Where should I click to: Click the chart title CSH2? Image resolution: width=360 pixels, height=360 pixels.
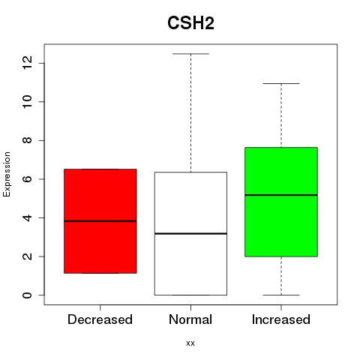(190, 23)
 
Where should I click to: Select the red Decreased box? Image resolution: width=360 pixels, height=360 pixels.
(100, 221)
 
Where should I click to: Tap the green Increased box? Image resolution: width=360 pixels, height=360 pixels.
(281, 202)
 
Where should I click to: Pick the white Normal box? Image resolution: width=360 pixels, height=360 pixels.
(190, 233)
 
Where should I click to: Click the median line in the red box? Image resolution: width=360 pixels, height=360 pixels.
(100, 221)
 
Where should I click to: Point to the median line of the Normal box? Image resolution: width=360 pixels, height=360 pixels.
(190, 233)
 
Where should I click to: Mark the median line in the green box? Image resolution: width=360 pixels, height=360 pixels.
(281, 195)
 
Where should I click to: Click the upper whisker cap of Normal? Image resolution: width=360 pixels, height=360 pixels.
(190, 54)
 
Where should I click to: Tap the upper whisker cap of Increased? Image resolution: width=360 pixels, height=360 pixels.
(281, 83)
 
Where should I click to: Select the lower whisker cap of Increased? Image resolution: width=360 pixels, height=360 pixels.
(281, 295)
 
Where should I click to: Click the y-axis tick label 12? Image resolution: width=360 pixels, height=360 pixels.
(27, 62)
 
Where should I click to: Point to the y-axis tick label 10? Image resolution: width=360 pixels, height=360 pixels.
(27, 101)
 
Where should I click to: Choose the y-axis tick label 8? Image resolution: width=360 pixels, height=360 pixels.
(27, 140)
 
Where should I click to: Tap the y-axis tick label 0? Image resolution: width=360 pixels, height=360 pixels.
(27, 295)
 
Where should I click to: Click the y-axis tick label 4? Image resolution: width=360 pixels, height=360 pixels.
(27, 217)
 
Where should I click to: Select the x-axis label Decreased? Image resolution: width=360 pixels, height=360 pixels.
(100, 319)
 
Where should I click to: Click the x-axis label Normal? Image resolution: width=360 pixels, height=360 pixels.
(190, 319)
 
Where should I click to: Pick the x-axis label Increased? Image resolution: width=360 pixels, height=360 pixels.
(281, 319)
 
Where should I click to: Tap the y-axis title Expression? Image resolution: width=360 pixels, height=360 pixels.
(7, 174)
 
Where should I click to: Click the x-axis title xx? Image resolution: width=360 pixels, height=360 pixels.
(190, 343)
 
